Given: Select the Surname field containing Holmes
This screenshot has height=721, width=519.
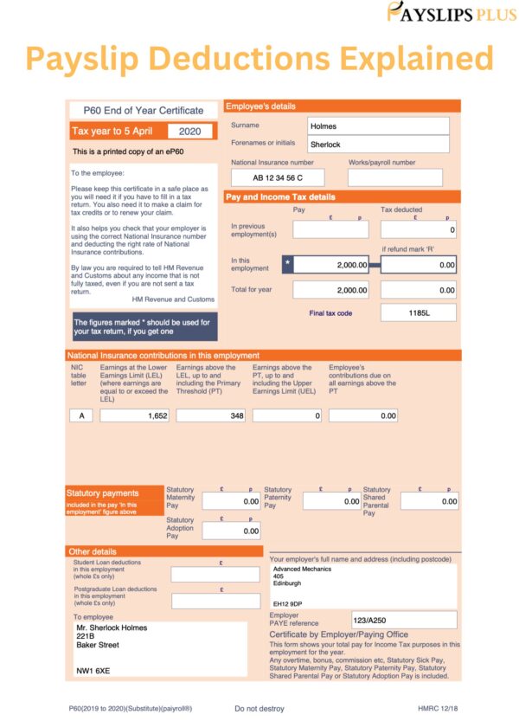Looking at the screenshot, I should pos(378,126).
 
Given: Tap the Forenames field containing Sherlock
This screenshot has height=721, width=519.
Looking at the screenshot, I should pos(378,144).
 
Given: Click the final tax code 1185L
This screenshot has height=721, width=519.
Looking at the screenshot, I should pos(419,312).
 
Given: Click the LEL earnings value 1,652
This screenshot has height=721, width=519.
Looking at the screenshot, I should pos(135,415).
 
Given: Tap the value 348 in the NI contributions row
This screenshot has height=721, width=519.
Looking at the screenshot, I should pos(210,415).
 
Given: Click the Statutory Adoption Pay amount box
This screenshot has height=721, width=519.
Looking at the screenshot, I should pos(231,531).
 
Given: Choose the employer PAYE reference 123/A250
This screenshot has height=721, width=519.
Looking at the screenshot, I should pos(404,620).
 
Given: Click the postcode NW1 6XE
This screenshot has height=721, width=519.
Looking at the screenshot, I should pos(93,671).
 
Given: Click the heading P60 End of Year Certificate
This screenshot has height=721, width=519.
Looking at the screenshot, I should pos(144,110).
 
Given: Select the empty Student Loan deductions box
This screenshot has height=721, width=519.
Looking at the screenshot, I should pos(215,574).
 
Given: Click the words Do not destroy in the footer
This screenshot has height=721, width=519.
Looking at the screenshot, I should pos(259,708).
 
